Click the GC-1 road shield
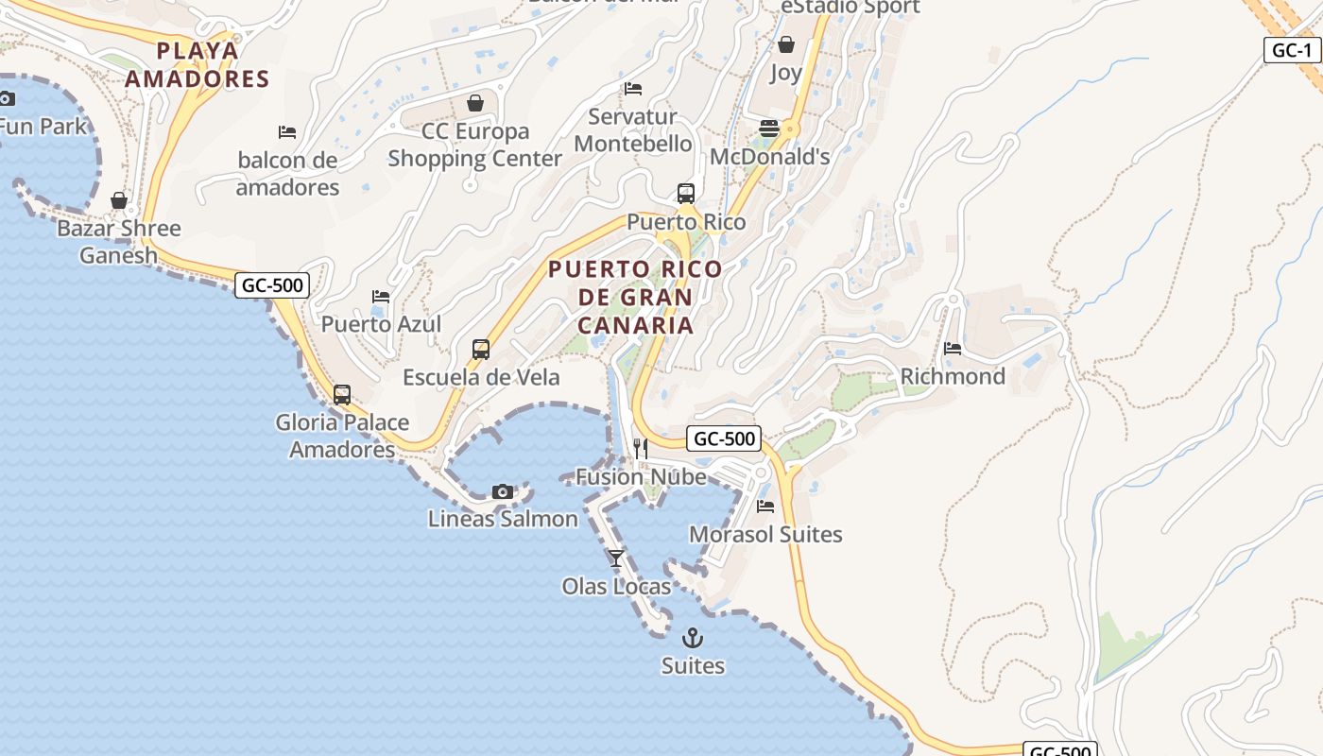pyautogui.click(x=1292, y=50)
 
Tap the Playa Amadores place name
pyautogui.click(x=198, y=64)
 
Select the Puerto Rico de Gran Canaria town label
pyautogui.click(x=635, y=297)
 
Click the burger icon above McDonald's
pyautogui.click(x=769, y=129)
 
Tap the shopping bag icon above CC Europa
pyautogui.click(x=475, y=103)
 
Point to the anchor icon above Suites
pyautogui.click(x=693, y=638)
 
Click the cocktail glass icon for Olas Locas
pyautogui.click(x=616, y=558)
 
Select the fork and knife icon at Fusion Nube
pyautogui.click(x=641, y=448)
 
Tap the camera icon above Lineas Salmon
pyautogui.click(x=503, y=491)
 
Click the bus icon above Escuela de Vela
pyautogui.click(x=481, y=350)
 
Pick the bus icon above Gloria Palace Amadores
pyautogui.click(x=342, y=395)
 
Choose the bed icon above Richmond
pyautogui.click(x=953, y=349)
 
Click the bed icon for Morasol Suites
pyautogui.click(x=765, y=507)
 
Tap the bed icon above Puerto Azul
pyautogui.click(x=381, y=297)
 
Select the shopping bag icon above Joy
pyautogui.click(x=786, y=44)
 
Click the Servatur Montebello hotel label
pyautogui.click(x=633, y=130)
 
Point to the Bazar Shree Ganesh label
pyautogui.click(x=118, y=241)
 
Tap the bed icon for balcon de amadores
pyautogui.click(x=287, y=132)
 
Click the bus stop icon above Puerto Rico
pyautogui.click(x=686, y=194)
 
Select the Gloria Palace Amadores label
pyautogui.click(x=342, y=436)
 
